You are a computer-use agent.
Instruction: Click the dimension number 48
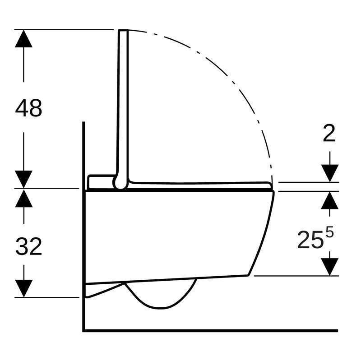tap(28, 108)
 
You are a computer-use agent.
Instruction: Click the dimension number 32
tap(29, 246)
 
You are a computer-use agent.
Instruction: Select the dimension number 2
tap(329, 133)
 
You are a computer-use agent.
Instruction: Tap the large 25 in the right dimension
tap(310, 240)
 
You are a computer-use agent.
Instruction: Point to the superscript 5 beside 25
tap(329, 232)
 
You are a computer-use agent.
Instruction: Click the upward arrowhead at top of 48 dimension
tap(23, 38)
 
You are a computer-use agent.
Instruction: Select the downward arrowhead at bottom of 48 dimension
tap(23, 179)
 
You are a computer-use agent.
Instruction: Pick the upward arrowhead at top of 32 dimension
tap(24, 198)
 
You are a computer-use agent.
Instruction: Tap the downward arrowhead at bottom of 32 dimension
tap(24, 288)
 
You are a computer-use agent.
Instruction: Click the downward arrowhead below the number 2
tap(330, 173)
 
